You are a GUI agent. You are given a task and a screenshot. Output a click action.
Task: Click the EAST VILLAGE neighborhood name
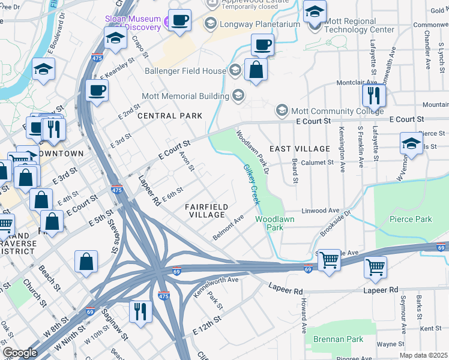coord(300,148)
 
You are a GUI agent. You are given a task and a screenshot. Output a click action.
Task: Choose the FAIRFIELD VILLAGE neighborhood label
coord(206,211)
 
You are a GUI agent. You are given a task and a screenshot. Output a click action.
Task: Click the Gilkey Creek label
coord(252,185)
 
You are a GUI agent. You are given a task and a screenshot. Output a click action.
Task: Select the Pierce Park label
coord(411,219)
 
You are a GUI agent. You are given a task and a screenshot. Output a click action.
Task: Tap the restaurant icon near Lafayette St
coord(374,95)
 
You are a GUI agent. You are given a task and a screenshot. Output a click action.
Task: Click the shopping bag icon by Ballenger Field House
coord(256,69)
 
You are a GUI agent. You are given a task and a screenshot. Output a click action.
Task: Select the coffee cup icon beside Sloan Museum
coord(179,20)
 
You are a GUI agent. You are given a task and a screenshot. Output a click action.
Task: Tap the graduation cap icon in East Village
coord(411,143)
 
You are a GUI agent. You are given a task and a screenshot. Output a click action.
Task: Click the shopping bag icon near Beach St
coord(86,261)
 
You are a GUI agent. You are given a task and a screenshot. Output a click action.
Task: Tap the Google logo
coord(20,353)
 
